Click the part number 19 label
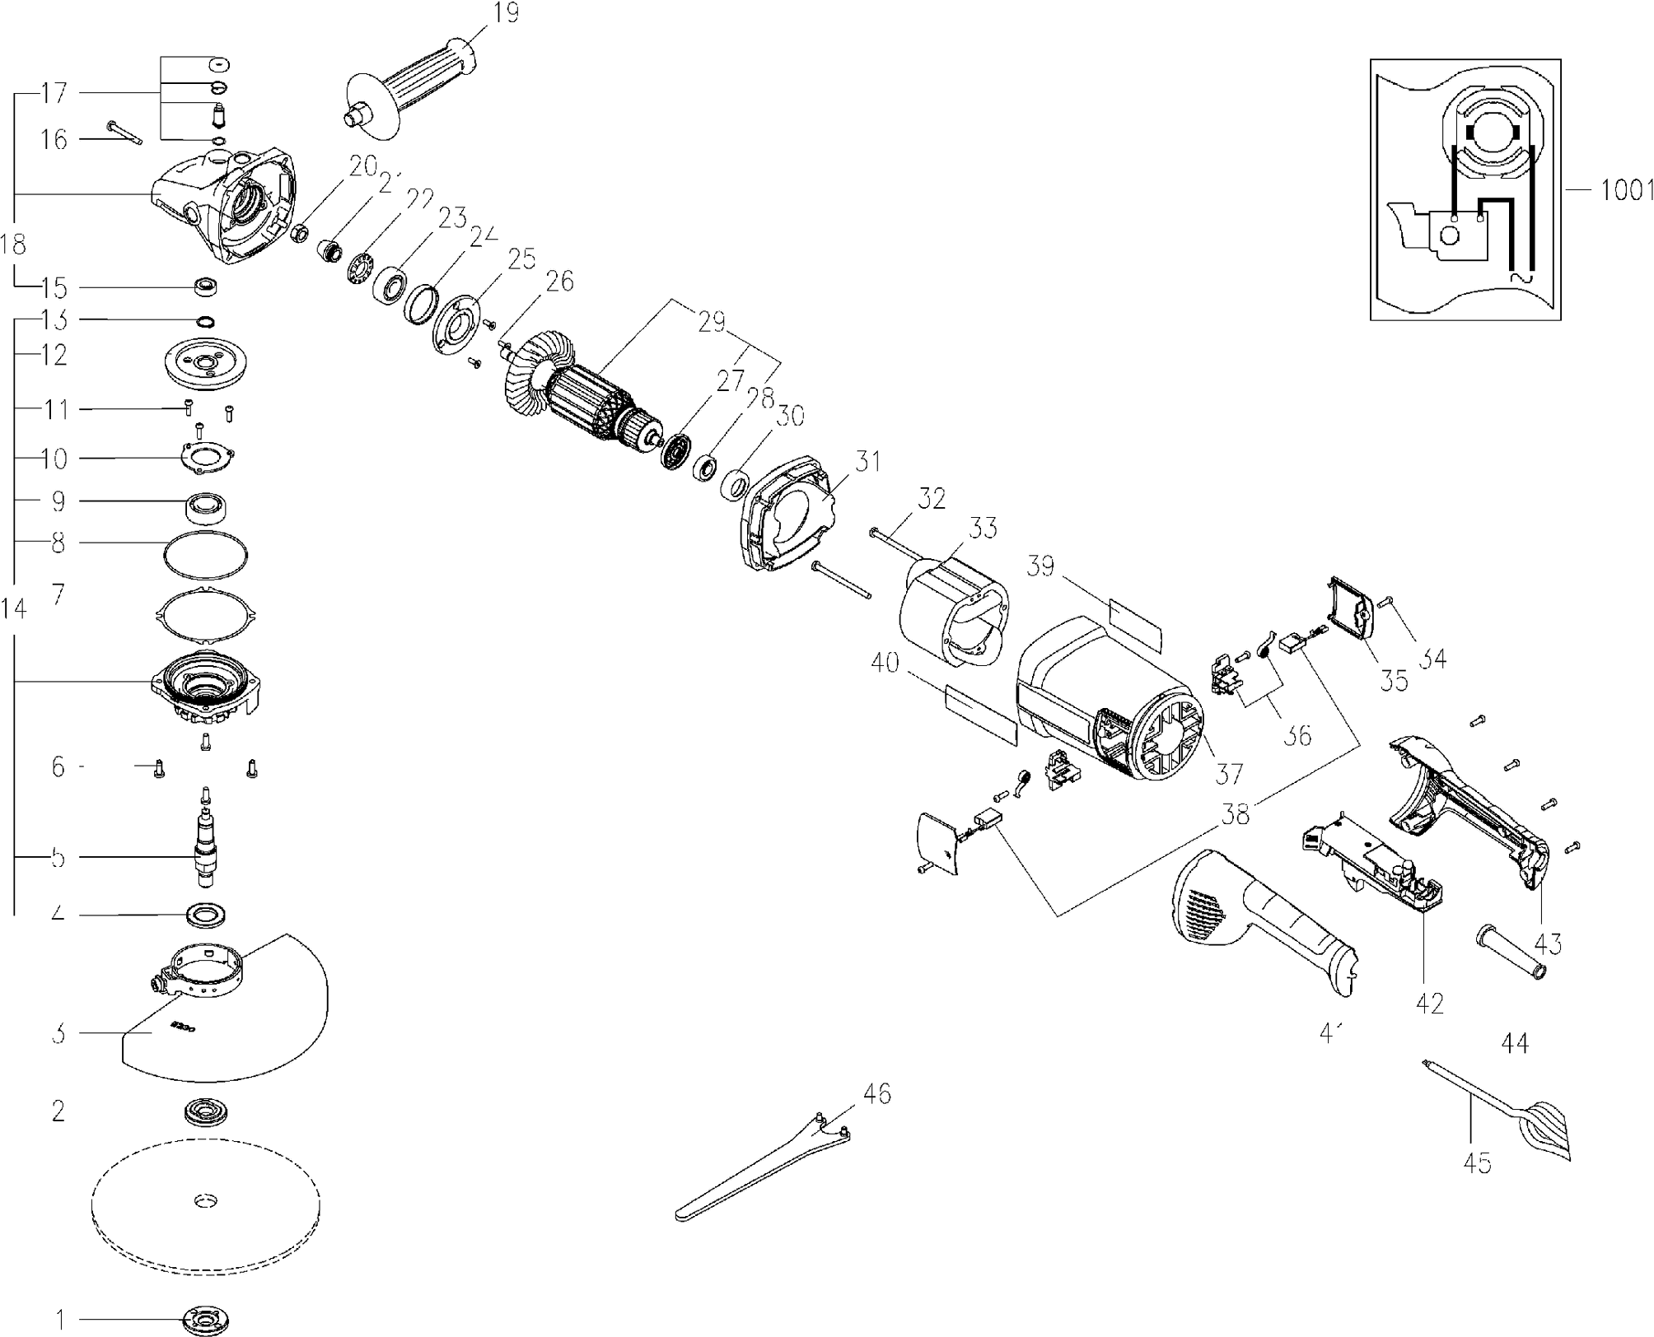(x=507, y=14)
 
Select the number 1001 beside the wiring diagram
(x=1626, y=190)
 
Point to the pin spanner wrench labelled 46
(x=762, y=1169)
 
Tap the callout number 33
(x=982, y=528)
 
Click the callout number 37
(x=1228, y=773)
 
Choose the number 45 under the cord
(x=1476, y=1164)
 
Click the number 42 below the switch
(x=1430, y=1003)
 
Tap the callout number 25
(x=521, y=260)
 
